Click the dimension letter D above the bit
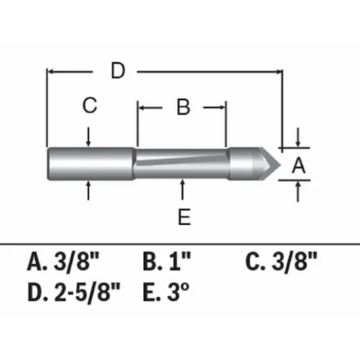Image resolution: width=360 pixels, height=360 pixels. (116, 71)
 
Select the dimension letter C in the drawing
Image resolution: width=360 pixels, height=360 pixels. (89, 106)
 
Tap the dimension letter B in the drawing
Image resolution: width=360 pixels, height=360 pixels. (183, 107)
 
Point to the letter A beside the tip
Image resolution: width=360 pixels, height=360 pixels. (298, 165)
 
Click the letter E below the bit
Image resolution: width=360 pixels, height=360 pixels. (184, 217)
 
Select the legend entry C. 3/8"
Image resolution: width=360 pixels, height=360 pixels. (281, 262)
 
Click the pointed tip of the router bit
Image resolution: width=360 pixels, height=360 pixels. (279, 161)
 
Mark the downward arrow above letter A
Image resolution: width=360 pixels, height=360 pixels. (298, 140)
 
